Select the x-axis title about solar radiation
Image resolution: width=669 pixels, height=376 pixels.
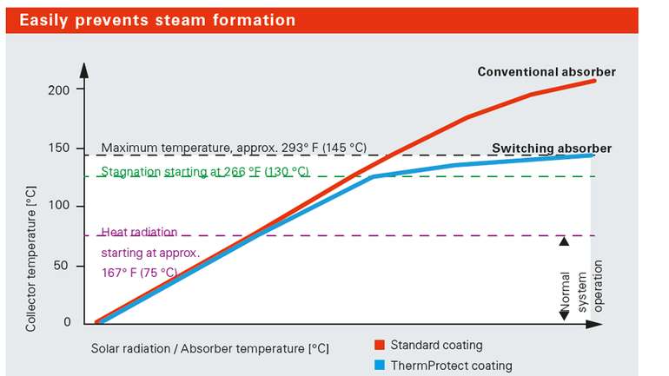pyautogui.click(x=209, y=348)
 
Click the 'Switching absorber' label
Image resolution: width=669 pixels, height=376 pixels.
pyautogui.click(x=551, y=148)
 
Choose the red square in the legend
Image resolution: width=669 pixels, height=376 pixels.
pyautogui.click(x=380, y=346)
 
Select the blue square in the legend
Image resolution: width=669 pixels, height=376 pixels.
pyautogui.click(x=380, y=366)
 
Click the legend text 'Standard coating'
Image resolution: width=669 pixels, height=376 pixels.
pyautogui.click(x=436, y=346)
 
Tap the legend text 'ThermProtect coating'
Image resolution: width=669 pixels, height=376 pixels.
pyautogui.click(x=451, y=366)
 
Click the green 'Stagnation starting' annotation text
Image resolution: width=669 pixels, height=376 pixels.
pyautogui.click(x=205, y=172)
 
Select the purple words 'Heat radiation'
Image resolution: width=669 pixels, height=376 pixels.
pyautogui.click(x=139, y=232)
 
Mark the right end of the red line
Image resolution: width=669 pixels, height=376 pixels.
pyautogui.click(x=595, y=80)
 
